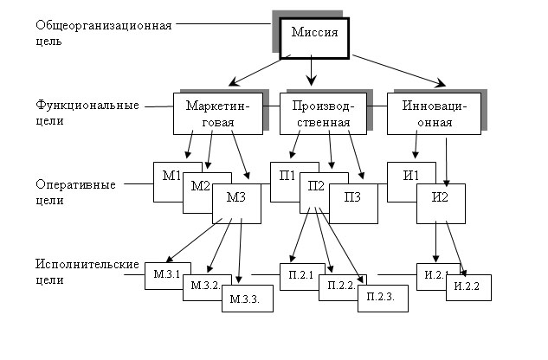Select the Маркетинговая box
(217, 113)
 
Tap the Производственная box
(321, 113)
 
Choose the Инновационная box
(433, 113)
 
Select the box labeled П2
(316, 187)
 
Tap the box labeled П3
(353, 198)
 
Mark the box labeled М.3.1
(166, 275)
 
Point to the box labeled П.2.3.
(381, 297)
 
